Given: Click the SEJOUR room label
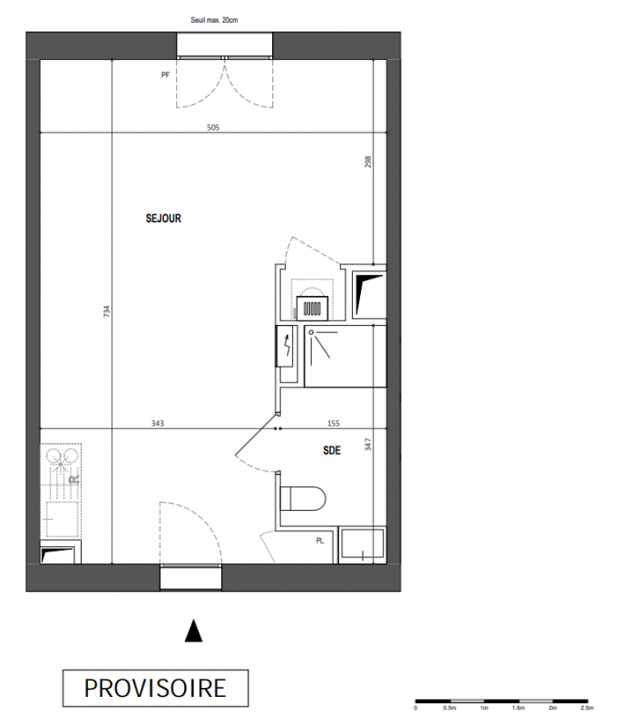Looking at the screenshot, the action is tap(163, 218).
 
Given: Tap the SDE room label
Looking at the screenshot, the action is tap(332, 450).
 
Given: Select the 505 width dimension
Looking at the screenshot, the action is tap(213, 127).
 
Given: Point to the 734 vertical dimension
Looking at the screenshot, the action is tap(107, 310).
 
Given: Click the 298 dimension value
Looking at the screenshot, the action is tap(368, 162).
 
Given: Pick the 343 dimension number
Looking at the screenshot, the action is tap(157, 423).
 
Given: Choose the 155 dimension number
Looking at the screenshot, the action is tap(333, 423).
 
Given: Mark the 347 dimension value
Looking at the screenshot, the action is tap(368, 445).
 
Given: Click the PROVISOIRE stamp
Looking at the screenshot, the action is tap(155, 688).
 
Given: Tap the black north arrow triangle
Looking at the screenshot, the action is tap(193, 631).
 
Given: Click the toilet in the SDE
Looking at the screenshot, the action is tap(303, 498).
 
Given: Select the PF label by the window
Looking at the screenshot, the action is tap(165, 74).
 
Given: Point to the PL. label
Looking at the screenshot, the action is tap(321, 540).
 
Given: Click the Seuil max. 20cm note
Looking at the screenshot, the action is tap(214, 20).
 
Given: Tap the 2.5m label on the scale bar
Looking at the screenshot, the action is tap(587, 708).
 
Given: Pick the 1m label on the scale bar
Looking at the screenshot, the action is tap(484, 708).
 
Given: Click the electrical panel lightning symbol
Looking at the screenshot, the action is tap(287, 346).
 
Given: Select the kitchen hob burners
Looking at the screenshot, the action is tap(61, 456).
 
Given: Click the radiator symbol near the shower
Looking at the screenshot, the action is tap(312, 308).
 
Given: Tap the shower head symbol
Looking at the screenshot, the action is tap(311, 332).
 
